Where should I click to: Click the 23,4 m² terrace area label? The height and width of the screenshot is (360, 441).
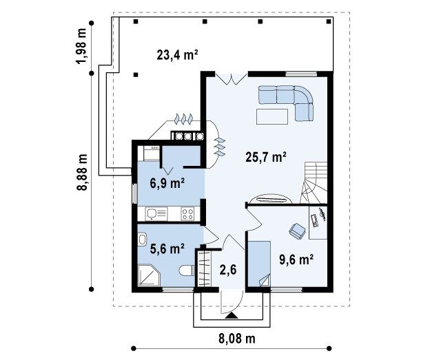pyautogui.click(x=177, y=55)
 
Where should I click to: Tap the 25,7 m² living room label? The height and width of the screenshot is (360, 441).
pyautogui.click(x=266, y=157)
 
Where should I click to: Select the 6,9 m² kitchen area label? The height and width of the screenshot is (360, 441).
pyautogui.click(x=167, y=184)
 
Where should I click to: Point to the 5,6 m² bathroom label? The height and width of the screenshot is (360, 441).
pyautogui.click(x=167, y=248)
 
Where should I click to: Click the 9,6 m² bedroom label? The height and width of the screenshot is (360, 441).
pyautogui.click(x=296, y=260)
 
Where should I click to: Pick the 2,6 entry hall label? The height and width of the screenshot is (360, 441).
pyautogui.click(x=228, y=270)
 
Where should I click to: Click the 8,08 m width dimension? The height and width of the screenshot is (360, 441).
pyautogui.click(x=237, y=339)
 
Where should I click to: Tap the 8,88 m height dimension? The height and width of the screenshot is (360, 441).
pyautogui.click(x=82, y=172)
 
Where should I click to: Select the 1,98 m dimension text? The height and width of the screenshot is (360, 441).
pyautogui.click(x=82, y=46)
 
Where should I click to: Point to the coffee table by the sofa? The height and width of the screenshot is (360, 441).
pyautogui.click(x=272, y=116)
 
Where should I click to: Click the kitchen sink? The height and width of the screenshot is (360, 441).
pyautogui.click(x=156, y=213)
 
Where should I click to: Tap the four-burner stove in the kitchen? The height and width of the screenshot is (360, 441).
pyautogui.click(x=187, y=213)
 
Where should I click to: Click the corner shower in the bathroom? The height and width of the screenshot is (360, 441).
pyautogui.click(x=149, y=275)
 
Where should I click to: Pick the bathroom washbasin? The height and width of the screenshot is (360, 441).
pyautogui.click(x=142, y=240)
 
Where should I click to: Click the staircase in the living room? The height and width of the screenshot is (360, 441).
pyautogui.click(x=314, y=182)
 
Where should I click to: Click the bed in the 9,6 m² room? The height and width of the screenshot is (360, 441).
pyautogui.click(x=259, y=264)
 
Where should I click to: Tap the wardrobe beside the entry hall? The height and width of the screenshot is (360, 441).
pyautogui.click(x=205, y=268)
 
